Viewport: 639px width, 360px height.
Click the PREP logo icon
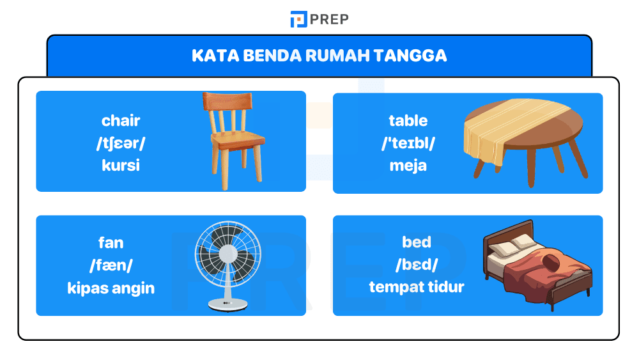(298, 19)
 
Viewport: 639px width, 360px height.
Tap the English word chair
(121, 120)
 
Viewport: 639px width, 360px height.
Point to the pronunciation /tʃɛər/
(121, 143)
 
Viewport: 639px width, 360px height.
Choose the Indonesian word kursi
(121, 166)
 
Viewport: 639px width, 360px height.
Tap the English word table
(408, 120)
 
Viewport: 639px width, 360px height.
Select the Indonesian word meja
(408, 166)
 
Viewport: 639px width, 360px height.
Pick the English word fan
(111, 242)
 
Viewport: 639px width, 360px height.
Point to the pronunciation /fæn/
(111, 265)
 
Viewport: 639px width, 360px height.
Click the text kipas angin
(111, 288)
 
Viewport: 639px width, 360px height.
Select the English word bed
(417, 242)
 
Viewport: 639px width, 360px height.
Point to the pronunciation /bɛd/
(417, 265)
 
